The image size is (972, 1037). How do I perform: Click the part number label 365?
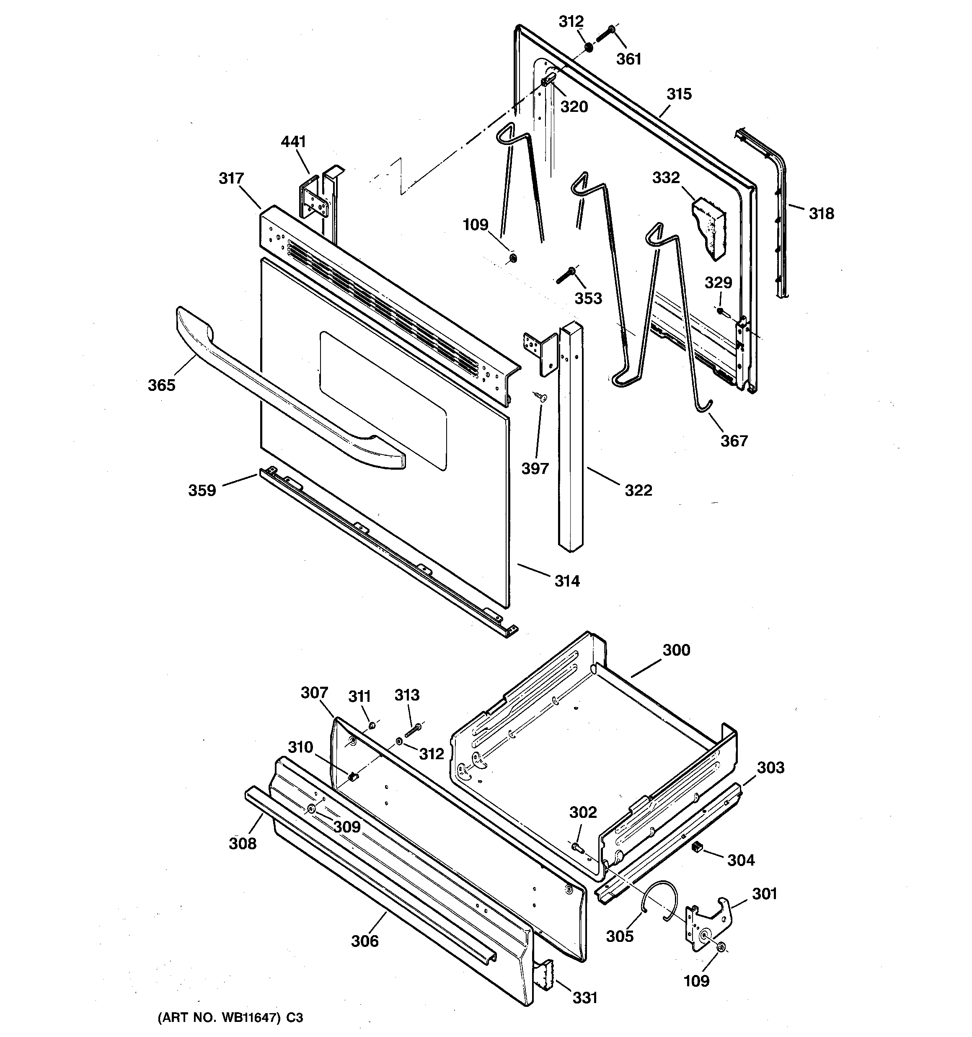(161, 385)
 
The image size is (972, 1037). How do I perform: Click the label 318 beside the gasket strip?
(821, 213)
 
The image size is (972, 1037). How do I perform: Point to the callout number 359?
(202, 490)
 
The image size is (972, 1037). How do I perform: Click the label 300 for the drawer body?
(676, 650)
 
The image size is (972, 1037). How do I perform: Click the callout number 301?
(764, 894)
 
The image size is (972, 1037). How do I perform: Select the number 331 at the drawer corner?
(585, 998)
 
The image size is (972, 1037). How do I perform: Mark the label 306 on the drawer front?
(364, 941)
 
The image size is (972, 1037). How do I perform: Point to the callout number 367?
(734, 441)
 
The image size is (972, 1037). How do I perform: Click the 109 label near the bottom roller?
(696, 981)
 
